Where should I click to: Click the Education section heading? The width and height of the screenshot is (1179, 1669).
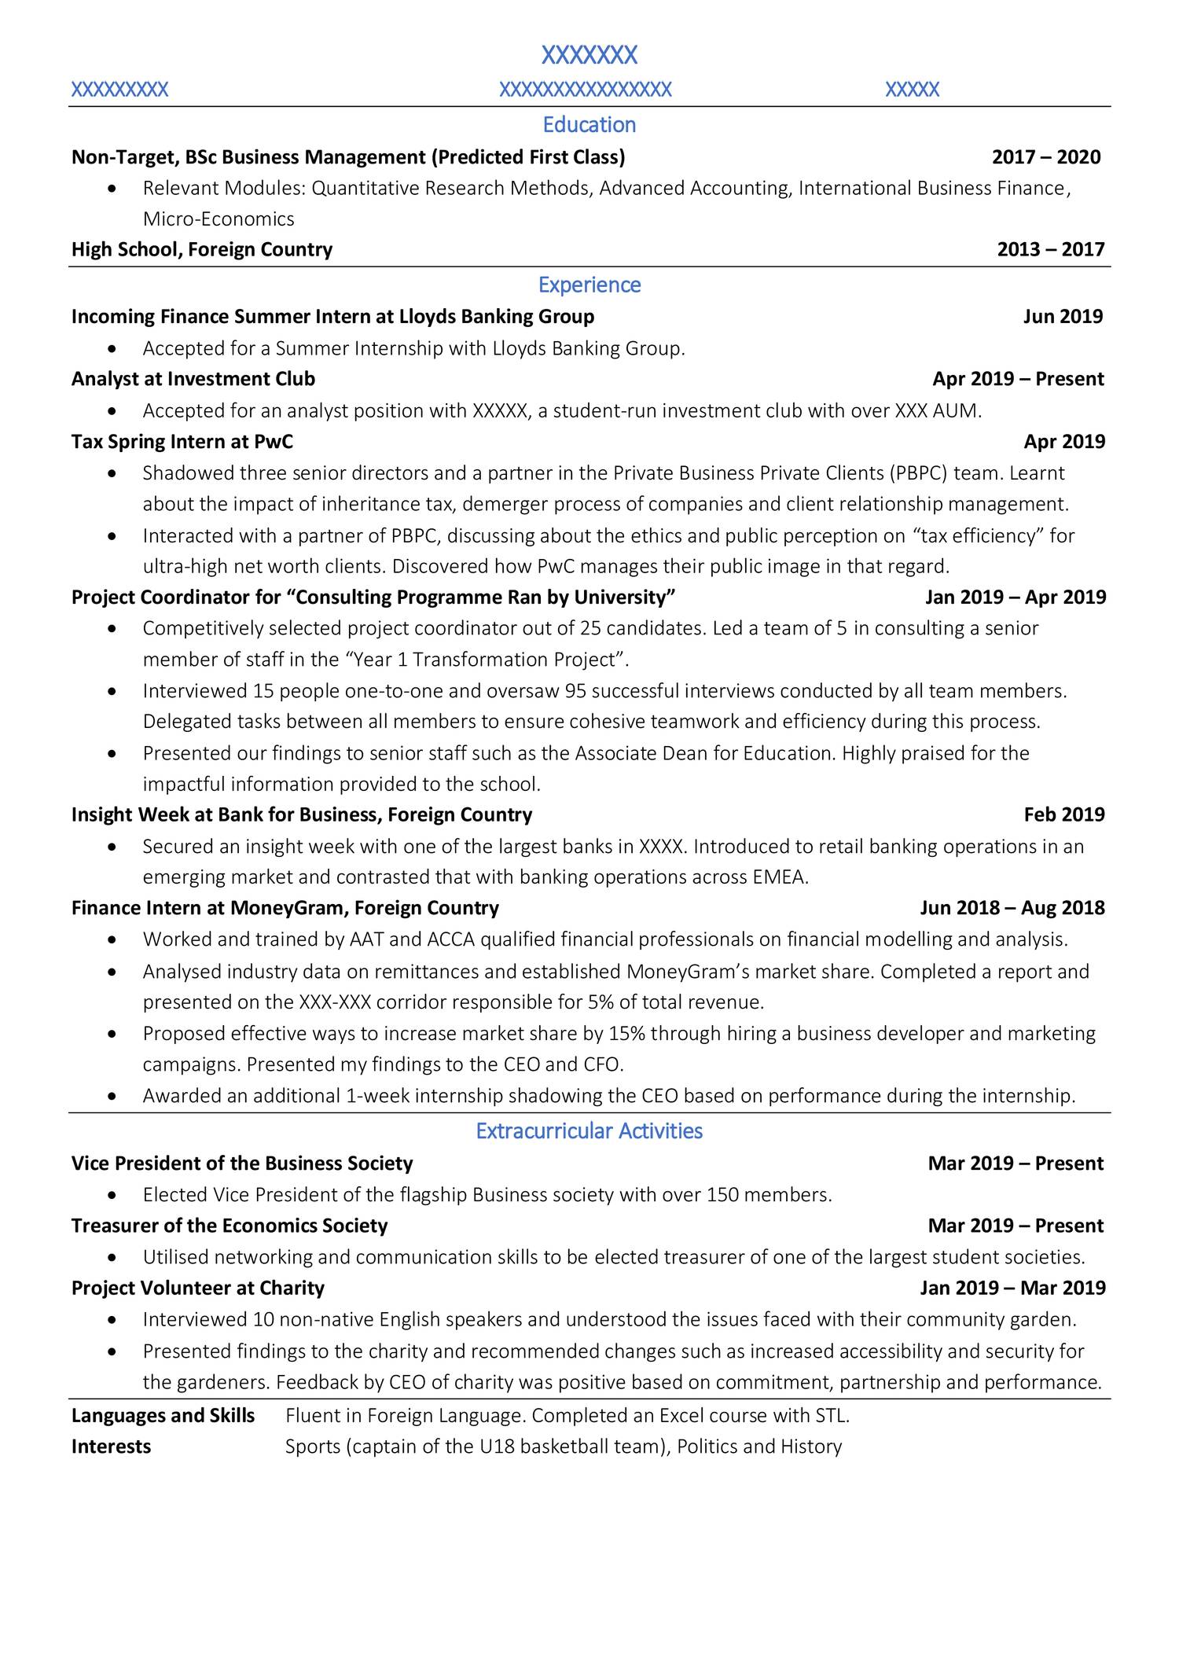(x=589, y=125)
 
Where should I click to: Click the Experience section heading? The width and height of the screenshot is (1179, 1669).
(x=589, y=285)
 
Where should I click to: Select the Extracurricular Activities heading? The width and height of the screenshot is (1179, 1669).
(x=589, y=1131)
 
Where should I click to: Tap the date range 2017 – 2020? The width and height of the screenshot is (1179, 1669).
(x=1046, y=157)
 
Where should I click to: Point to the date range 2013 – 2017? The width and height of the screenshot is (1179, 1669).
(x=1050, y=250)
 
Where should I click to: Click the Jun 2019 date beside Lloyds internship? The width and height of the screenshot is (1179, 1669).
(x=1063, y=317)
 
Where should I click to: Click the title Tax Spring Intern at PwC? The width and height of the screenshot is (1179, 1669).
(x=182, y=442)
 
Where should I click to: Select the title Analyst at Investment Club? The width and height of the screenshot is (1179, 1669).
(x=193, y=379)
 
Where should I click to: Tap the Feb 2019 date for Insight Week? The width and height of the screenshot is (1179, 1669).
(x=1063, y=814)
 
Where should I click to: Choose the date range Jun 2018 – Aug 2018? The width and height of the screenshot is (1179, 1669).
(x=1012, y=908)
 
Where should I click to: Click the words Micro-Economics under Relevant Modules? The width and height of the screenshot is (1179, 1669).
(x=219, y=219)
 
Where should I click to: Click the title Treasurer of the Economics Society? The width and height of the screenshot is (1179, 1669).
(x=230, y=1226)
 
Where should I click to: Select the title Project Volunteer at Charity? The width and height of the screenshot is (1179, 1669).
(x=197, y=1288)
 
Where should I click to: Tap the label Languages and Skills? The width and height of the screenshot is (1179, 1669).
(x=163, y=1416)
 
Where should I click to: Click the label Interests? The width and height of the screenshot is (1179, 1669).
(x=111, y=1447)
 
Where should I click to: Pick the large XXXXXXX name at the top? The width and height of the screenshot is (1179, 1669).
(x=589, y=56)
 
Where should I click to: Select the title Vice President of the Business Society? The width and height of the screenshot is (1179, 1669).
(x=241, y=1164)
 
